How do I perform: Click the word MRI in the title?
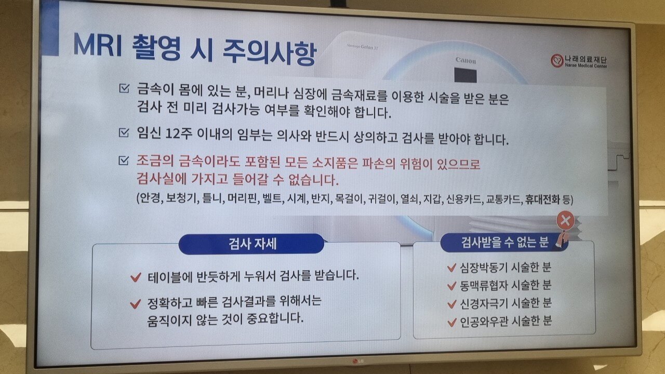tap(97, 45)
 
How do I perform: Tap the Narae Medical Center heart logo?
tap(556, 61)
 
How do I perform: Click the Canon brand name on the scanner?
tap(465, 61)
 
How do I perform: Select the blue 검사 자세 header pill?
tap(251, 244)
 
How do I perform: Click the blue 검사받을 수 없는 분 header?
tap(504, 243)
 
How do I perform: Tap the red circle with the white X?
tap(565, 221)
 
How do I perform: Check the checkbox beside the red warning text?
tap(124, 161)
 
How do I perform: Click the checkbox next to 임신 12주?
tap(124, 132)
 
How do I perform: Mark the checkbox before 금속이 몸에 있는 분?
tap(124, 88)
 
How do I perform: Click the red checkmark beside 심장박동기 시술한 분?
tap(451, 268)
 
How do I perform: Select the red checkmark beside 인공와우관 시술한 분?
tap(452, 322)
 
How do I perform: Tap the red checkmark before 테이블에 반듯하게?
tap(136, 277)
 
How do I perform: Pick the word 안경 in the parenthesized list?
tap(150, 198)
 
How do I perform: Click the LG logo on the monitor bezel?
tap(358, 361)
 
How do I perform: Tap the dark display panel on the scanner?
tap(465, 75)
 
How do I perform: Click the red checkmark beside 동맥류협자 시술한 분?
tap(452, 286)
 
